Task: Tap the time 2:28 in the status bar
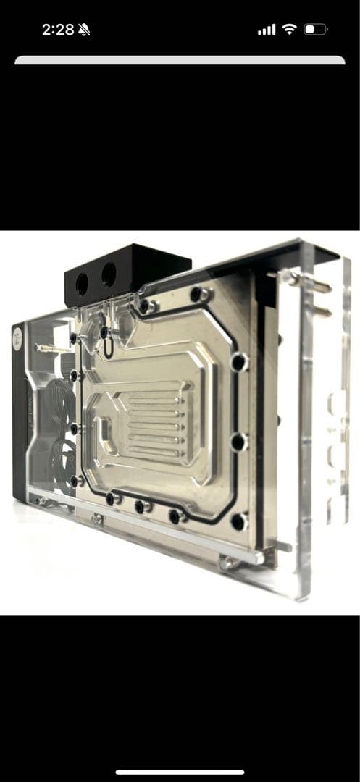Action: (x=58, y=30)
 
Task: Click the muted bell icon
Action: (x=84, y=30)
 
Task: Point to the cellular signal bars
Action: (x=267, y=30)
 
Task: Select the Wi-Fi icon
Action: (x=289, y=30)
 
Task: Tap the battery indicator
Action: (x=316, y=30)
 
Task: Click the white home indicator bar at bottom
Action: (x=180, y=772)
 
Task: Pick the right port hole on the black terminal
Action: (x=109, y=274)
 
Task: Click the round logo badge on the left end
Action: (x=17, y=335)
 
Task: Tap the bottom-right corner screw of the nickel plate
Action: (x=238, y=521)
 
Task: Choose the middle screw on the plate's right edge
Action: (x=238, y=441)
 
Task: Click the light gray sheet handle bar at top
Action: (x=180, y=61)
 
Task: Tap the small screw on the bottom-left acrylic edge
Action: (x=98, y=518)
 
